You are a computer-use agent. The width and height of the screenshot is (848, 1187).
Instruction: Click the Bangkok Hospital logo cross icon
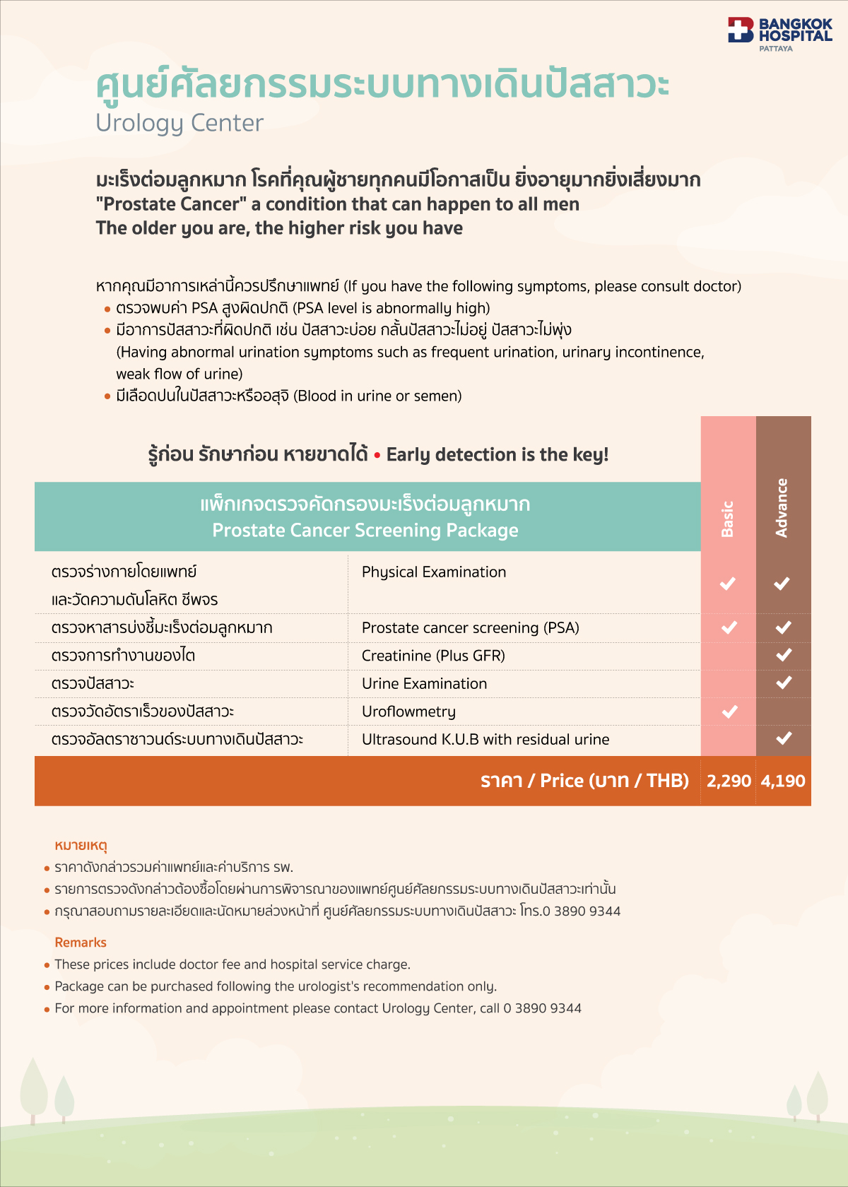(741, 30)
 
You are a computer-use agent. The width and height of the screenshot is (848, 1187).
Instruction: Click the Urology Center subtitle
(179, 123)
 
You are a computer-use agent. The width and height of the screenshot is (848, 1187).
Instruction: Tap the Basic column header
(728, 519)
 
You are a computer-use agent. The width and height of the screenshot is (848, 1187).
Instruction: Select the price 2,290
(729, 781)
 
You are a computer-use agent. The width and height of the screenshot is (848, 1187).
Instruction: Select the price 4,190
(783, 781)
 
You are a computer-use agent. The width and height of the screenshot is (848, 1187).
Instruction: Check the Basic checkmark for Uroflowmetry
(729, 711)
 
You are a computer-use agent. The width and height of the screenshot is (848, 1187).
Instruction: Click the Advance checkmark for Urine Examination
(783, 683)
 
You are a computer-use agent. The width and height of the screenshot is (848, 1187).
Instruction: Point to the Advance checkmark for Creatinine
(783, 655)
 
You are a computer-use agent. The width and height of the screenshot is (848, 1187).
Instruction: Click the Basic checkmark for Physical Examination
(728, 584)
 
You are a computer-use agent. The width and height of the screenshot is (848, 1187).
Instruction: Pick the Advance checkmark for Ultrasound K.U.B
(783, 738)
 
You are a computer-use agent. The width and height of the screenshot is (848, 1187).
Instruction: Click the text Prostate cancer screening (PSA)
(470, 627)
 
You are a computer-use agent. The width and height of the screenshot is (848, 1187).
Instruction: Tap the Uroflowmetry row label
(408, 711)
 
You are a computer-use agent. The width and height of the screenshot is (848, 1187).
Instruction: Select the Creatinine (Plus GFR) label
(433, 656)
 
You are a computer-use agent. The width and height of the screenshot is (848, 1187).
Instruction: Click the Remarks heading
(81, 943)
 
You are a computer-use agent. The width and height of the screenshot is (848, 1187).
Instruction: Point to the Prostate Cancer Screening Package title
(365, 530)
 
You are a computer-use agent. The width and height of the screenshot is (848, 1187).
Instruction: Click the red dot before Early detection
(377, 455)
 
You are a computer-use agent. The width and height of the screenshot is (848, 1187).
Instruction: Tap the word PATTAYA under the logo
(776, 49)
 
